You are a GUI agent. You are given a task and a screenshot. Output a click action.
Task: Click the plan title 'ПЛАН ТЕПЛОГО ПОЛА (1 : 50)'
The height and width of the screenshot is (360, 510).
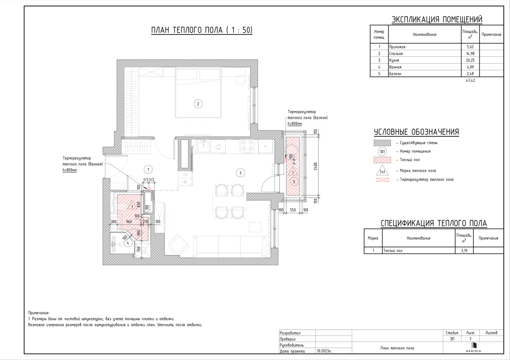click(x=202, y=30)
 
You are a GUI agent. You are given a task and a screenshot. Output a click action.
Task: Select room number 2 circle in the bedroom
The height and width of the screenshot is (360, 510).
click(x=198, y=104)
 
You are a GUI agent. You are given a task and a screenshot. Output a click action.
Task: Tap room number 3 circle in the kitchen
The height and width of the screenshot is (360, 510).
click(x=240, y=173)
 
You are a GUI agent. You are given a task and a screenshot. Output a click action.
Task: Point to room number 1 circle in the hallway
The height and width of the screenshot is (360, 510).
click(x=148, y=170)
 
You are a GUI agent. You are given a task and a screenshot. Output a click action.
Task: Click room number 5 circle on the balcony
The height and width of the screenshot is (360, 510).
click(x=294, y=182)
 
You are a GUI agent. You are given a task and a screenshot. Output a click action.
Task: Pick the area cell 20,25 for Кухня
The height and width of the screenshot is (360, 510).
click(x=470, y=60)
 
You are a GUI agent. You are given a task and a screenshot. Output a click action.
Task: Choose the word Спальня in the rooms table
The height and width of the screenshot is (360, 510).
click(x=396, y=54)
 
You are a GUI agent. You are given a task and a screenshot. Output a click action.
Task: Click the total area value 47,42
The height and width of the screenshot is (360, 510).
click(x=470, y=80)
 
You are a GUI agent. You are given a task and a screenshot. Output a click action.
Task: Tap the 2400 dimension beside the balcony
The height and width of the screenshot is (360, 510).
click(x=315, y=166)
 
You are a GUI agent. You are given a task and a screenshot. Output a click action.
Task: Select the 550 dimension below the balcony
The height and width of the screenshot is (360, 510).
click(x=293, y=210)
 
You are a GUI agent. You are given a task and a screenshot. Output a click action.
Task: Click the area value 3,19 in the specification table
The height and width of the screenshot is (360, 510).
click(x=464, y=251)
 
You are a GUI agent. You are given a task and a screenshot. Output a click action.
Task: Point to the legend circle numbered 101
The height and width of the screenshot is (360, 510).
click(x=382, y=151)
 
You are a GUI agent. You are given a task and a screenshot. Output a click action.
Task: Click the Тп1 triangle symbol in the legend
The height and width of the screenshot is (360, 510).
click(x=382, y=170)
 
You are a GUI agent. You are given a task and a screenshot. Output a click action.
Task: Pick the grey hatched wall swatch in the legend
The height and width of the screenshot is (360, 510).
click(x=382, y=143)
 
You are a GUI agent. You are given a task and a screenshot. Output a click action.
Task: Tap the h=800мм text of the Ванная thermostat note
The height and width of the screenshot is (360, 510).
click(x=70, y=170)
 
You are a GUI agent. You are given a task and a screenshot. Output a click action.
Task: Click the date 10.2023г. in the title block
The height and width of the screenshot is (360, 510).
click(x=324, y=351)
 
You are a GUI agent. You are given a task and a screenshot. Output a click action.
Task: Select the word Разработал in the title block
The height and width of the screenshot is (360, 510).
click(x=290, y=333)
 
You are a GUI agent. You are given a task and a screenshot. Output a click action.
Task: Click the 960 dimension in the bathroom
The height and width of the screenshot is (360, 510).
click(x=129, y=222)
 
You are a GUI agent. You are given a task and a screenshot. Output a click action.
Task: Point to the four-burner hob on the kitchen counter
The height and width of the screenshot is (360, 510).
click(x=247, y=146)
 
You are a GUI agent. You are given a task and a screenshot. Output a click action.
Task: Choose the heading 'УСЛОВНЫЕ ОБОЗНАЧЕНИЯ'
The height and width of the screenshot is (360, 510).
click(x=416, y=132)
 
